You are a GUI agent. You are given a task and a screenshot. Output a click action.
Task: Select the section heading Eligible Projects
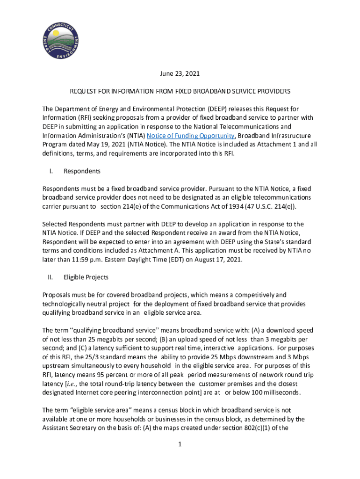86,277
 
